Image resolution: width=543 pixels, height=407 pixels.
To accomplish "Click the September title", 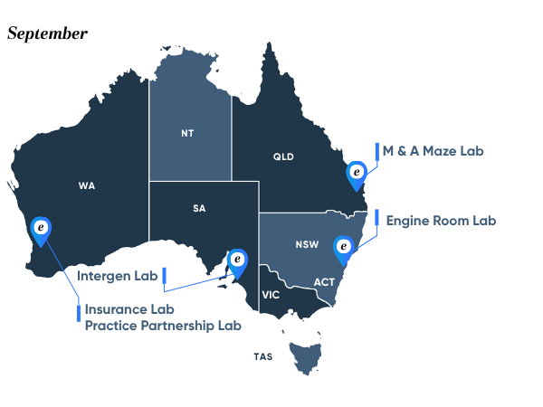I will (x=47, y=33).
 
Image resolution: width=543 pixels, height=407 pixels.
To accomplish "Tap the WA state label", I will (x=87, y=186).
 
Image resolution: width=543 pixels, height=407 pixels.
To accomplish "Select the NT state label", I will (x=187, y=133).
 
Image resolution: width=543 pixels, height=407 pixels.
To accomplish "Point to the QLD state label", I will (x=283, y=156).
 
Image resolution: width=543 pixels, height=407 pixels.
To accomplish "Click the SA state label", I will (x=199, y=208).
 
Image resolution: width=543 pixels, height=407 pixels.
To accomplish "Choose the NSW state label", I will (x=306, y=245).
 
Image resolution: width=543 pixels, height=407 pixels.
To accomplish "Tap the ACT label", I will (x=324, y=282).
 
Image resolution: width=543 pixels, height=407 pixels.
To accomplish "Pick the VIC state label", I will (x=271, y=295).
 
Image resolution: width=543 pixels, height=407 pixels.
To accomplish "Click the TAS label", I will (x=262, y=356).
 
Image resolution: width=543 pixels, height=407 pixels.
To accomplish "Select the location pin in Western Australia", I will (x=41, y=231).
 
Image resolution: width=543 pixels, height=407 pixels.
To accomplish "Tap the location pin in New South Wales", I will (x=343, y=248).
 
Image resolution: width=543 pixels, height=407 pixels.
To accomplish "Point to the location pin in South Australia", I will (x=237, y=260).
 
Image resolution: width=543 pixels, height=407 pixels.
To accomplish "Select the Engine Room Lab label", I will (x=441, y=220).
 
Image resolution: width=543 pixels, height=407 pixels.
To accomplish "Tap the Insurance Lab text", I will (x=129, y=309).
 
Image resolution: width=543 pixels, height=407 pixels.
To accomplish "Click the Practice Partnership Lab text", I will (x=163, y=325).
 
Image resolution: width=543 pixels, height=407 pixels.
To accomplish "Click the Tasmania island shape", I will (x=305, y=355).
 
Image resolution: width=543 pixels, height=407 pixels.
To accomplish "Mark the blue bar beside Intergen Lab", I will (x=164, y=276).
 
